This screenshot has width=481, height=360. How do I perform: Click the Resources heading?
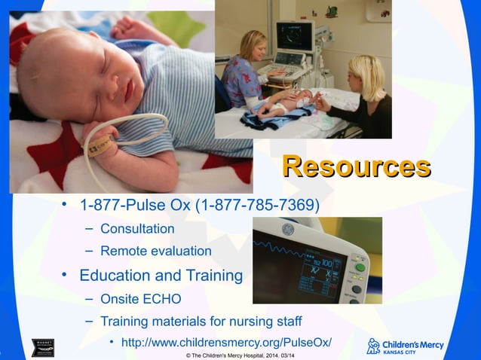pos(356,166)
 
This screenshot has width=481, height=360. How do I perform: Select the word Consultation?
pos(137,228)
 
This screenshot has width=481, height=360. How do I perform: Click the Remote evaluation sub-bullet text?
pos(155,251)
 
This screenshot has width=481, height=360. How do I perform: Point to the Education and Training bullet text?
pos(161,275)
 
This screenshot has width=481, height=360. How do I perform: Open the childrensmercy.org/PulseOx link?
pos(226,343)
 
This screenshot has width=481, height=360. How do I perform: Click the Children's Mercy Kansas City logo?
pos(405,346)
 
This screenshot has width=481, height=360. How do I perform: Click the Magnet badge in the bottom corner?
pos(42,348)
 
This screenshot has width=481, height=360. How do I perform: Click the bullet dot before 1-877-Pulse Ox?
pos(66,205)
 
